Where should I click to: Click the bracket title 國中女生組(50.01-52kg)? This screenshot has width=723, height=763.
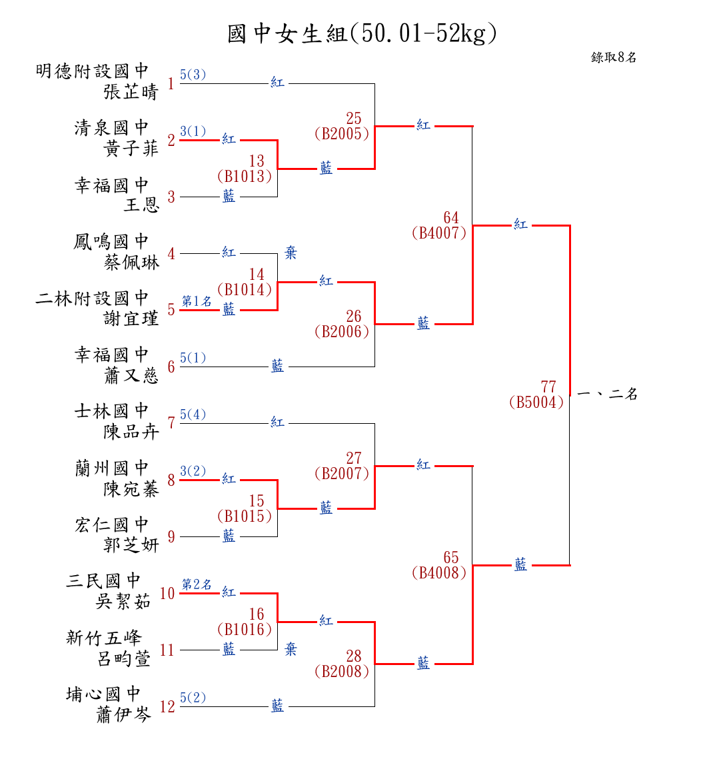click(362, 33)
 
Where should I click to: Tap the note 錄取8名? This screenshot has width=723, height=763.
click(614, 57)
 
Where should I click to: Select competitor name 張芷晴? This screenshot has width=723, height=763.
click(131, 92)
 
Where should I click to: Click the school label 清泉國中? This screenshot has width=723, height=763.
click(111, 127)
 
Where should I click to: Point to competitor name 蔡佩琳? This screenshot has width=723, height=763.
click(131, 262)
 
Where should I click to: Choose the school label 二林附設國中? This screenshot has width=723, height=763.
click(92, 298)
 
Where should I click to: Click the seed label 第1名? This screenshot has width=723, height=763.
click(197, 301)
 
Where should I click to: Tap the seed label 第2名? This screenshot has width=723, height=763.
click(197, 584)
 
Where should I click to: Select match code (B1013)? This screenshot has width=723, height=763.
click(245, 177)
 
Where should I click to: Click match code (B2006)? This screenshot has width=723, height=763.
click(342, 332)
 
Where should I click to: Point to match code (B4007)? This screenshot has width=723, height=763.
click(439, 233)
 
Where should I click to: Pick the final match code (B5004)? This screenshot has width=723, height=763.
click(536, 402)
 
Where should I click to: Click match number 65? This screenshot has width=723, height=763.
click(451, 557)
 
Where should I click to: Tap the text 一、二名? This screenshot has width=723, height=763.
click(607, 394)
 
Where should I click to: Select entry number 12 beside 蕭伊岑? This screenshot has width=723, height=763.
click(167, 706)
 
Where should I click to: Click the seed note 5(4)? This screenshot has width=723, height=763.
click(193, 414)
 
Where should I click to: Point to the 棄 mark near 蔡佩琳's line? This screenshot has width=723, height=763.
click(291, 253)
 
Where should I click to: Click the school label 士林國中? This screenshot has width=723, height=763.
click(111, 410)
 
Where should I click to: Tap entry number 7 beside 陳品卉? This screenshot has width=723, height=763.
click(171, 423)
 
